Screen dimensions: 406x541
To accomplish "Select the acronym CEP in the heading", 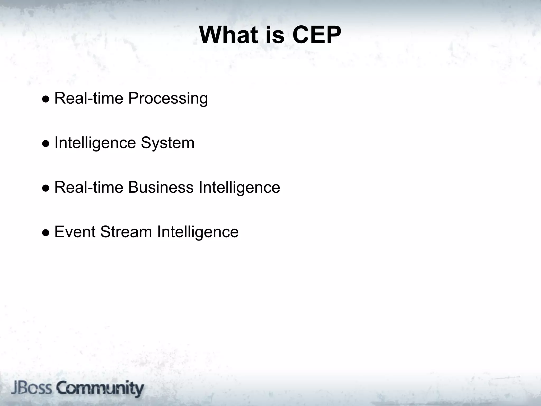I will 317,35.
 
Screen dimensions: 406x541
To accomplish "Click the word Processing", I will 168,99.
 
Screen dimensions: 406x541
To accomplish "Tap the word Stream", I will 126,232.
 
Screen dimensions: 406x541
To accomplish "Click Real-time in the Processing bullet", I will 89,98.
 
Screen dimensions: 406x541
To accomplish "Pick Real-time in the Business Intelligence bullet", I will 89,187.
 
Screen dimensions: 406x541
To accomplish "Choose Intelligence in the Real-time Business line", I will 239,187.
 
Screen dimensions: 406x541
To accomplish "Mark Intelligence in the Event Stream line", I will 198,232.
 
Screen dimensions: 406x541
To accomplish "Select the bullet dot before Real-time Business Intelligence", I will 45,188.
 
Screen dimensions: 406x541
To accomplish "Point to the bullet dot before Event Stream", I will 45,233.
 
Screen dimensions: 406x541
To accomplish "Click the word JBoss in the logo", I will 31,389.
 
